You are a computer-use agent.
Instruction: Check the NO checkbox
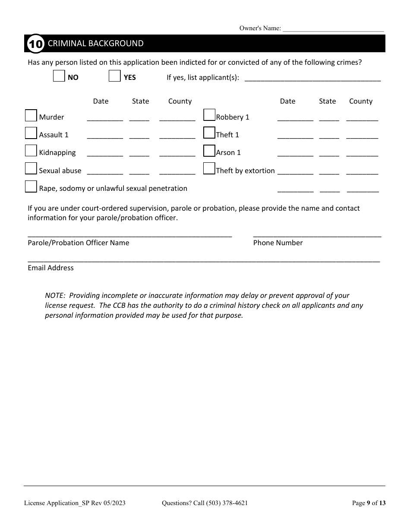pos(59,76)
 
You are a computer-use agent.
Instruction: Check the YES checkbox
pos(114,76)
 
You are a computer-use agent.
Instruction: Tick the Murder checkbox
pos(31,116)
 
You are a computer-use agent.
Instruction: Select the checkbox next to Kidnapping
pos(31,151)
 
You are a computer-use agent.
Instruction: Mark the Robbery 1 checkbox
pos(209,115)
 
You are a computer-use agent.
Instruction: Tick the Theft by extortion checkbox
pos(209,168)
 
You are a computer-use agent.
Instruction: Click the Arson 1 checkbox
pos(209,151)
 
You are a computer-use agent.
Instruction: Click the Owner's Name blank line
pos(333,29)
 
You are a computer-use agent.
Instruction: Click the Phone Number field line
pos(317,236)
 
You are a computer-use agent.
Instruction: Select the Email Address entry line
pos(204,260)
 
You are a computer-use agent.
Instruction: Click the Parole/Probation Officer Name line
pos(130,236)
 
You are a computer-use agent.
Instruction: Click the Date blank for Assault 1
pos(105,137)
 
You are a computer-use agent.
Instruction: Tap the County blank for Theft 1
pos(362,137)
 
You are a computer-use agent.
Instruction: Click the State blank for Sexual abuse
pos(139,173)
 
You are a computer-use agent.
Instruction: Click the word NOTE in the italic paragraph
pos(55,296)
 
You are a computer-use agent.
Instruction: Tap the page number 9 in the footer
pos(369,503)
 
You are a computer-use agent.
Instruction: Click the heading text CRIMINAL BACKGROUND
pos(95,44)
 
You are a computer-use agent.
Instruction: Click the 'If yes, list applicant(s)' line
pos(312,80)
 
